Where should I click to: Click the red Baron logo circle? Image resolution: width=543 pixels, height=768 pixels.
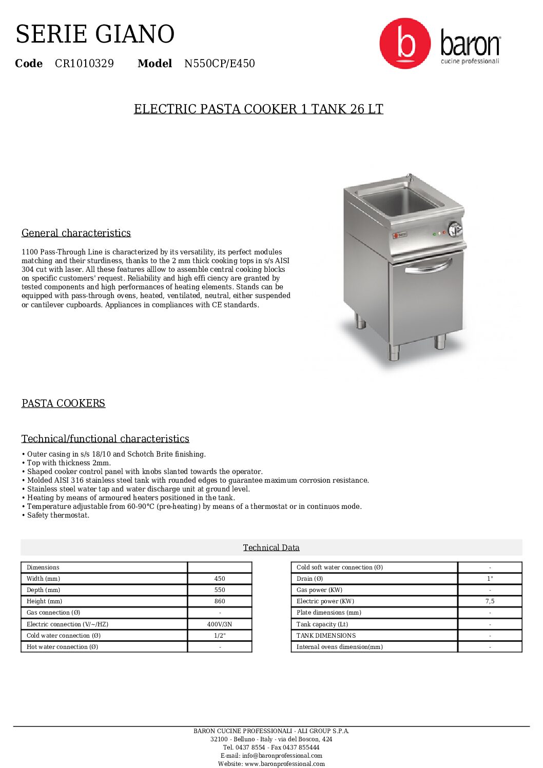pos(405,44)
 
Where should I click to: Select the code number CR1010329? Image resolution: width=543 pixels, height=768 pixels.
pos(84,64)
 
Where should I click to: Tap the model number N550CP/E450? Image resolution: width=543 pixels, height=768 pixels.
pos(219,64)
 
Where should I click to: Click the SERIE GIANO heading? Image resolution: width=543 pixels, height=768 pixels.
pos(95,34)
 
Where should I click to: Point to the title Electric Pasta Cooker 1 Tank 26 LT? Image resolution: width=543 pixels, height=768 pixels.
pos(258,109)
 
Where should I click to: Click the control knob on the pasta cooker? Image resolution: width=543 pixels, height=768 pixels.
pos(455,229)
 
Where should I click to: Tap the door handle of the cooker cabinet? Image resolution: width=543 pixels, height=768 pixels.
pos(428,267)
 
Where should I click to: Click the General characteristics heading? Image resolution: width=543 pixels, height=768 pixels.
pos(76,233)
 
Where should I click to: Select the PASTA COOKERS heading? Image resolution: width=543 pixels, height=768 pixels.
pos(63,403)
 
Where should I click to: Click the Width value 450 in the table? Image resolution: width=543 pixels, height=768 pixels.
pos(220,579)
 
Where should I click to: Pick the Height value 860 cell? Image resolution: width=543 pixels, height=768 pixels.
pos(220,601)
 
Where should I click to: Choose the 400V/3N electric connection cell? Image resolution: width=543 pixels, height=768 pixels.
pos(220,624)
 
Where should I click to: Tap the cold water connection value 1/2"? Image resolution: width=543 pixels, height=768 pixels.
pos(220,636)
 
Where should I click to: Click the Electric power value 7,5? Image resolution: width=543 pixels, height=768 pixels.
pos(490,601)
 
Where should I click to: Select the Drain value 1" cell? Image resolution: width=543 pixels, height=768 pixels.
pos(490,579)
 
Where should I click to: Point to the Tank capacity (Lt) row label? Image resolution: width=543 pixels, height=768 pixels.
pos(322,624)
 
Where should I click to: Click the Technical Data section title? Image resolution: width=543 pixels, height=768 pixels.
pos(271,547)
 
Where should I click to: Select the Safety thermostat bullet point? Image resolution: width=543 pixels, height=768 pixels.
pos(58,515)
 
